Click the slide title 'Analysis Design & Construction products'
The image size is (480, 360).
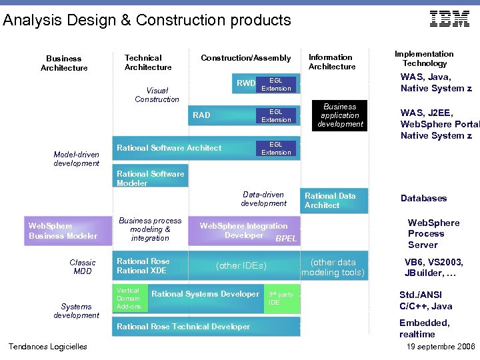tap(147, 20)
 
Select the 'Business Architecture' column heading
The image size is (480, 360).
tap(64, 63)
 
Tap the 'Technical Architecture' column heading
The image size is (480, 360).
tap(148, 63)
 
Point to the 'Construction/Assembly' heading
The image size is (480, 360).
tap(246, 59)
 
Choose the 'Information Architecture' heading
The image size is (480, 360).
tap(331, 62)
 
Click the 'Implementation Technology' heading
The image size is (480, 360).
tap(424, 59)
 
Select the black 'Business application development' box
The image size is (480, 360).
tap(340, 115)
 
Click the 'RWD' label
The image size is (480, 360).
tap(246, 83)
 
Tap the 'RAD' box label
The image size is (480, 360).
tap(201, 115)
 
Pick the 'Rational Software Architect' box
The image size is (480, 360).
tap(169, 148)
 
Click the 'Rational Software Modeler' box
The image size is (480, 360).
tap(150, 179)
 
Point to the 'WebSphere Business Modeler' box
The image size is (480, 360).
tap(63, 231)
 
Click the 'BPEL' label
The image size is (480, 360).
tap(286, 239)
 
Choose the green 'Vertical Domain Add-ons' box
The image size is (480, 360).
tap(129, 299)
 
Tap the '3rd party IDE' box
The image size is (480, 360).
tap(282, 299)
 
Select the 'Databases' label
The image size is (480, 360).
tap(423, 199)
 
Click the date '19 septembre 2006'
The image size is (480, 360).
tap(441, 347)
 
